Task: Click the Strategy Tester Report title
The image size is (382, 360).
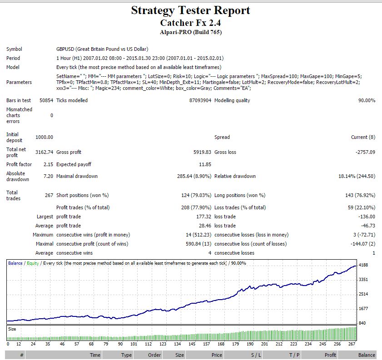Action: point(190,11)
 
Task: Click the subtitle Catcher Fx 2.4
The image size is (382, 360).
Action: point(190,23)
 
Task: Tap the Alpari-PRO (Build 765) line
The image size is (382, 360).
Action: point(191,32)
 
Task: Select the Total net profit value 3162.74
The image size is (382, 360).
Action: point(44,152)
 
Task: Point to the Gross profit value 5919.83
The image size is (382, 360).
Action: point(202,152)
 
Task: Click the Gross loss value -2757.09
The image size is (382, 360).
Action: point(366,152)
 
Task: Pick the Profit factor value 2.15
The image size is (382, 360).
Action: point(48,164)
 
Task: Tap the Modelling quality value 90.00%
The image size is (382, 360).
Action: point(367,100)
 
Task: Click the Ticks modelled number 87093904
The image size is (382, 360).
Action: point(200,100)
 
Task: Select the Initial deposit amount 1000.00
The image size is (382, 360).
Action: point(44,137)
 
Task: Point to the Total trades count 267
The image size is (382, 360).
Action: point(49,195)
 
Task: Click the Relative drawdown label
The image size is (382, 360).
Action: point(235,176)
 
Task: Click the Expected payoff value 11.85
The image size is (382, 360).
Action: point(205,164)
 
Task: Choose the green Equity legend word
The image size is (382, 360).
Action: point(33,263)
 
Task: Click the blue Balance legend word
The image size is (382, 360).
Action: point(15,263)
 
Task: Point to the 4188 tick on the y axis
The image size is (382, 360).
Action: point(363,265)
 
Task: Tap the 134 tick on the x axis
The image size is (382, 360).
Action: point(177,344)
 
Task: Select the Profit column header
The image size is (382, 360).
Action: point(330,355)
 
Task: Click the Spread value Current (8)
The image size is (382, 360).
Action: point(363,137)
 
